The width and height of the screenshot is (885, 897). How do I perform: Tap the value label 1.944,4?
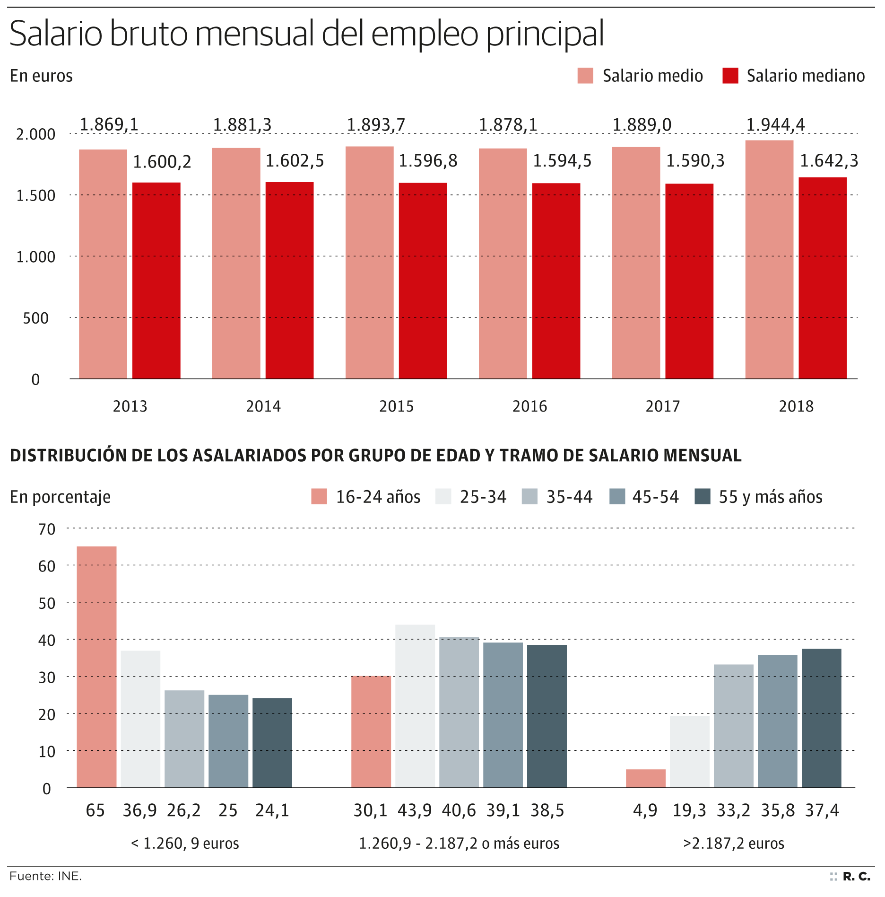pyautogui.click(x=775, y=125)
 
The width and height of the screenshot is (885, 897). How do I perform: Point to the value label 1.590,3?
pyautogui.click(x=695, y=161)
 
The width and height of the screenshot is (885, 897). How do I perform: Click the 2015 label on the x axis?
pyautogui.click(x=396, y=406)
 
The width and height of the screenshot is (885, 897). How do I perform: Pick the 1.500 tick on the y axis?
pyautogui.click(x=36, y=195)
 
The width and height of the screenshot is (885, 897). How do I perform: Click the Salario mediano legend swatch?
pyautogui.click(x=730, y=76)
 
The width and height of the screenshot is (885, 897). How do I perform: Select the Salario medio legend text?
pyautogui.click(x=652, y=76)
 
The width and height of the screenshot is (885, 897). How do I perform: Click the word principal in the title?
pyautogui.click(x=545, y=34)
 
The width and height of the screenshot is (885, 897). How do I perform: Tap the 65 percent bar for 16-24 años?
pyautogui.click(x=96, y=667)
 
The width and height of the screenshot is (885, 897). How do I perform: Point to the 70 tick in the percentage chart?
pyautogui.click(x=47, y=529)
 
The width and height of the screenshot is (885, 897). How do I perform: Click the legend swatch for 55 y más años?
pyautogui.click(x=703, y=497)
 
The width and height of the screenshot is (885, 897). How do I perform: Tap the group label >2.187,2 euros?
pyautogui.click(x=733, y=844)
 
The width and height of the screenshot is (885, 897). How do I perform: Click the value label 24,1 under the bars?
pyautogui.click(x=272, y=810)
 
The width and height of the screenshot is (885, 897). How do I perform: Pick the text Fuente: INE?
pyautogui.click(x=45, y=876)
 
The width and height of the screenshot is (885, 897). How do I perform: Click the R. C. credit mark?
pyautogui.click(x=856, y=877)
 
